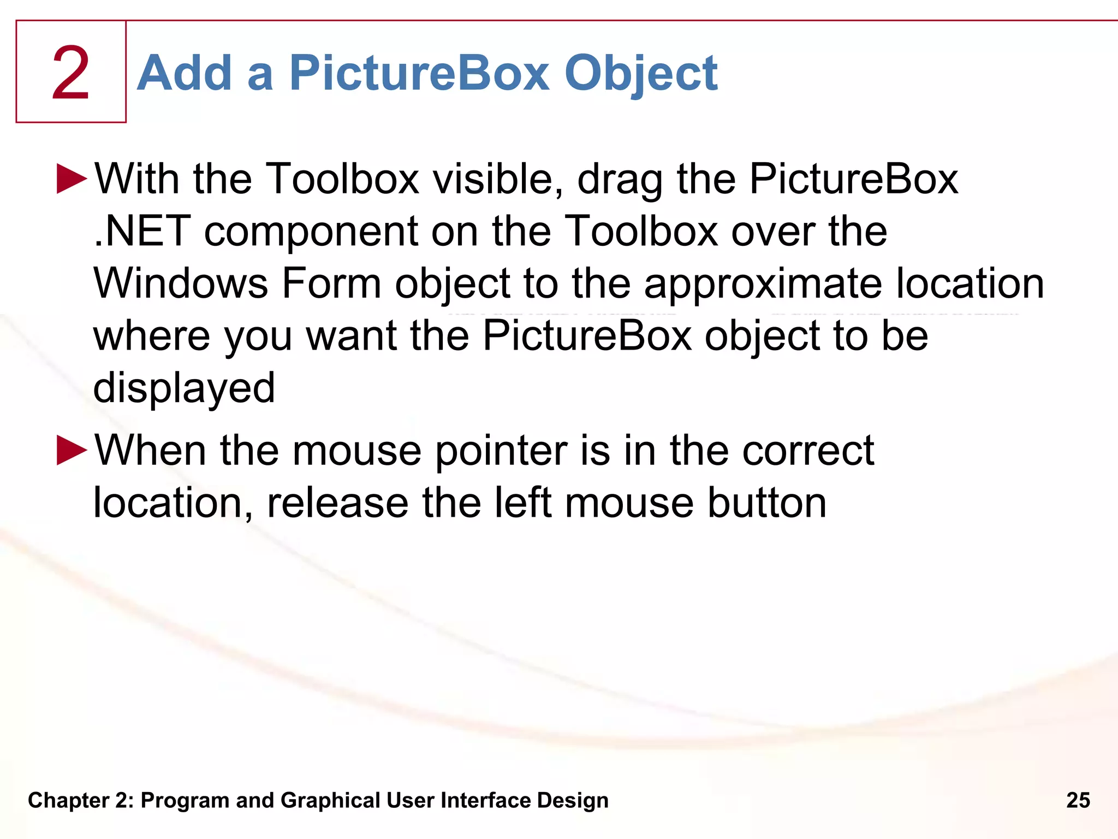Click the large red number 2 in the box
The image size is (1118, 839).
71,73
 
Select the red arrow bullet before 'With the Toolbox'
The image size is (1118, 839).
72,179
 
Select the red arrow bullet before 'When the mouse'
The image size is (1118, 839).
72,450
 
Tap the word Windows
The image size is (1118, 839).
181,283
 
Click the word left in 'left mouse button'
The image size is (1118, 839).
522,503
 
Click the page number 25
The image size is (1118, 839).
1078,800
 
